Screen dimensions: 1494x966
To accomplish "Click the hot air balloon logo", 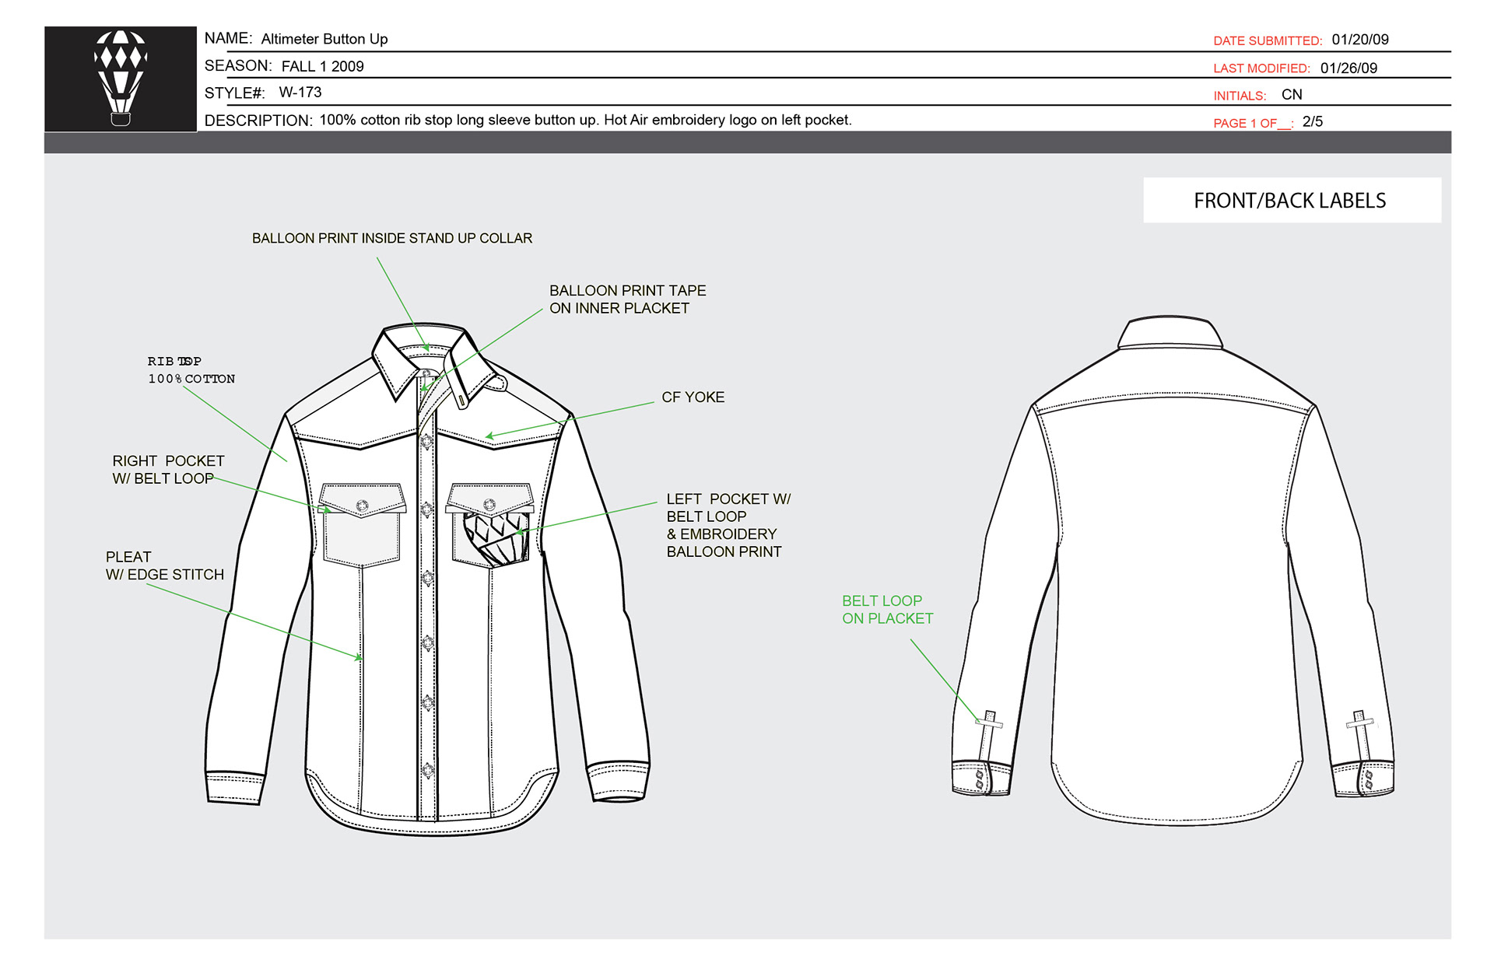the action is click(x=121, y=78).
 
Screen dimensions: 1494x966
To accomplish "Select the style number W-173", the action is click(x=300, y=93).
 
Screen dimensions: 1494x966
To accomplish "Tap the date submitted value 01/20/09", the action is click(x=1359, y=40).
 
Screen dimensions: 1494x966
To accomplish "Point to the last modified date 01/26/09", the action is click(x=1348, y=68).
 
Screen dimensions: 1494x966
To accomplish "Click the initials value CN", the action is click(x=1292, y=95).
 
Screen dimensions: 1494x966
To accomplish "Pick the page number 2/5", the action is click(x=1312, y=122).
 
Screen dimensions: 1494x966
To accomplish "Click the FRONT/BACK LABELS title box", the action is click(x=1291, y=201).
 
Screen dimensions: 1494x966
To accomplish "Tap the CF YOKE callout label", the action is click(x=693, y=397).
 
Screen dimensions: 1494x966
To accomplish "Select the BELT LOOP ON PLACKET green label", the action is click(x=887, y=610).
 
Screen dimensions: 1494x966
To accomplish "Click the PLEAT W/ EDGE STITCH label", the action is click(x=164, y=566).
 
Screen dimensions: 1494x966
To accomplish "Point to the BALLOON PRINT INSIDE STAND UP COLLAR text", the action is click(x=392, y=239).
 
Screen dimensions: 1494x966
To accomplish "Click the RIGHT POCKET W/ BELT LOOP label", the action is click(x=167, y=470).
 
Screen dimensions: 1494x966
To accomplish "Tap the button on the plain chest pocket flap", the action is click(x=362, y=506).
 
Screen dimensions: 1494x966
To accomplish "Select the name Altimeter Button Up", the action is click(x=324, y=39).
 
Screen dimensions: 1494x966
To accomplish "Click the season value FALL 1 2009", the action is click(x=322, y=67).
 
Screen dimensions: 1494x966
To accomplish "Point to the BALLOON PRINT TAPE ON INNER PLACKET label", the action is click(x=627, y=299).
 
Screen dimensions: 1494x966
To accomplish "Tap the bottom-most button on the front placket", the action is click(x=427, y=769).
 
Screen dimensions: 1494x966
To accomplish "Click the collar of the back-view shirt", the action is click(x=1170, y=331).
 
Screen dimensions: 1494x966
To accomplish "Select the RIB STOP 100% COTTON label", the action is click(x=191, y=370).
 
